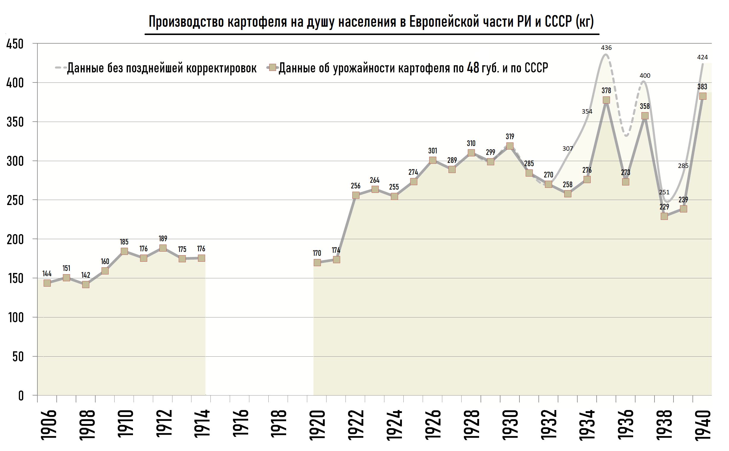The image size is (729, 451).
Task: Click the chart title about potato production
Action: tap(371, 21)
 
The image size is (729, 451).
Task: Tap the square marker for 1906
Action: tap(47, 283)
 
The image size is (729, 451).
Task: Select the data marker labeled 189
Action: tap(163, 248)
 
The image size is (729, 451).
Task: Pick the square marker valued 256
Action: tap(356, 195)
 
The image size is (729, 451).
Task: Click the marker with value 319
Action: tap(510, 146)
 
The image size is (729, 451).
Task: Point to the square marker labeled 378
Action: tap(606, 100)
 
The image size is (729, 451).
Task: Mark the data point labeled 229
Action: tap(664, 216)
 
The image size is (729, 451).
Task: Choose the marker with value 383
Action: tap(703, 96)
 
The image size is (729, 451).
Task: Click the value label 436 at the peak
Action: tap(606, 48)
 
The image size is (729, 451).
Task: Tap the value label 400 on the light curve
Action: tap(645, 76)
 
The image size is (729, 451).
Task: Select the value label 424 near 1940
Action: tap(703, 57)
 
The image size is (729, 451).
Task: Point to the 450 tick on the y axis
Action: tap(15, 44)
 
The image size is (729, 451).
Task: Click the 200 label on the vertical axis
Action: tap(15, 239)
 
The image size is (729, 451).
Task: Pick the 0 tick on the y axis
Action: tap(20, 396)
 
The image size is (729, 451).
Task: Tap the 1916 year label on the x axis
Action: tap(240, 424)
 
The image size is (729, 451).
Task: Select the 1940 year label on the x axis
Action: tap(703, 425)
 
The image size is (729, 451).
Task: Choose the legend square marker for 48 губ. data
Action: tap(272, 67)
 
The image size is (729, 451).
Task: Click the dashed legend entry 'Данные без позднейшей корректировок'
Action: tap(161, 68)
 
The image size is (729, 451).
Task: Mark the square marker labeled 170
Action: tap(317, 263)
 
